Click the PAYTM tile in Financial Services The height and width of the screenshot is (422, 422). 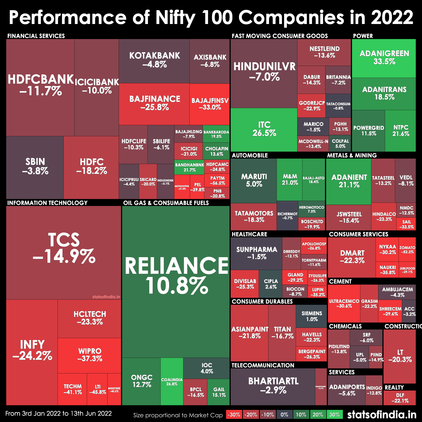point(217,180)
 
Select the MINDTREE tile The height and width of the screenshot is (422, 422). point(114,389)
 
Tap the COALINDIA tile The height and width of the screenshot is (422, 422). point(172,381)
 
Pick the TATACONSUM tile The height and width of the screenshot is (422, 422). point(338,105)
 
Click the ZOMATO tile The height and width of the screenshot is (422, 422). point(407,250)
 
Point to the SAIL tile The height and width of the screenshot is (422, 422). point(406,224)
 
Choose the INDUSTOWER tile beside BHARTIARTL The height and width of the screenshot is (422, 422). point(321,387)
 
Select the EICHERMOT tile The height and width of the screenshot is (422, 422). point(287,215)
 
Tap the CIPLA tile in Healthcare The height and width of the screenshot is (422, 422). point(271,284)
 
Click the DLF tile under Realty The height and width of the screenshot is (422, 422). point(400,398)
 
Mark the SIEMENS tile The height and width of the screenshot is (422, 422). point(311,316)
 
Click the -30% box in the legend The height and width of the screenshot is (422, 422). point(234,415)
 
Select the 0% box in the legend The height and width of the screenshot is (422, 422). point(284,415)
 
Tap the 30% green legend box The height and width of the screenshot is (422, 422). point(334,415)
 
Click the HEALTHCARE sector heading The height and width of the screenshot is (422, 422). point(249,234)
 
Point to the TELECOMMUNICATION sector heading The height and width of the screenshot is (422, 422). point(263,365)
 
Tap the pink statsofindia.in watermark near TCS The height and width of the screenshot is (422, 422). point(106,297)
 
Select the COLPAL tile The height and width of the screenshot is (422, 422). point(340,143)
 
